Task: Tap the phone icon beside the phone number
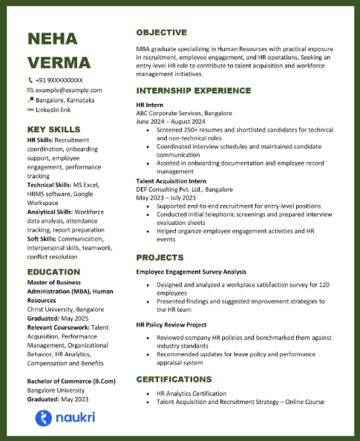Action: click(x=30, y=79)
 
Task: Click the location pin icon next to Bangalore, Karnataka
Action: click(x=30, y=99)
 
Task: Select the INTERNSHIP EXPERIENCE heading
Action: click(x=193, y=91)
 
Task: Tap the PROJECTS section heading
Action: click(x=159, y=257)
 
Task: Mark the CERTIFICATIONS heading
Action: click(x=180, y=379)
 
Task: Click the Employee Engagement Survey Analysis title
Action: click(x=191, y=272)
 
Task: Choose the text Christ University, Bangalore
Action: click(x=65, y=308)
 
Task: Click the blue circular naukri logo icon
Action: click(x=44, y=418)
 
